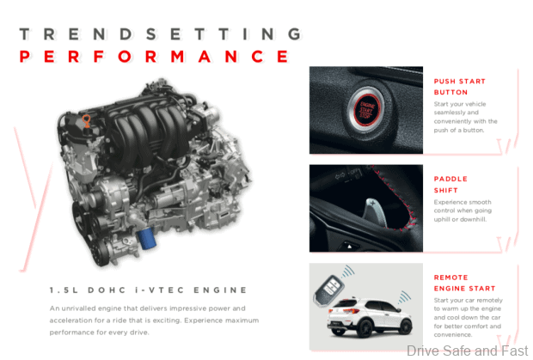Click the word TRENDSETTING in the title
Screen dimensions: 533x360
(160, 34)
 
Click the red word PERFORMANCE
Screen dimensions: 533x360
(155, 57)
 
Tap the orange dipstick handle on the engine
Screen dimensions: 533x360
(87, 121)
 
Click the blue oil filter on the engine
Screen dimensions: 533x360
(146, 238)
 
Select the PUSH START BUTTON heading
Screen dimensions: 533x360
(460, 87)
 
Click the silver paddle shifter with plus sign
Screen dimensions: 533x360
(375, 211)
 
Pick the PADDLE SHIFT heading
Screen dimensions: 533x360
(450, 185)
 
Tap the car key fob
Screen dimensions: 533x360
(328, 291)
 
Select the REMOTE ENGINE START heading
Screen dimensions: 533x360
(464, 283)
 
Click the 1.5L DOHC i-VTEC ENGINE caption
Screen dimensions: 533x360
(148, 290)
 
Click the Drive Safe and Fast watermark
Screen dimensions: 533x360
(467, 351)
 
